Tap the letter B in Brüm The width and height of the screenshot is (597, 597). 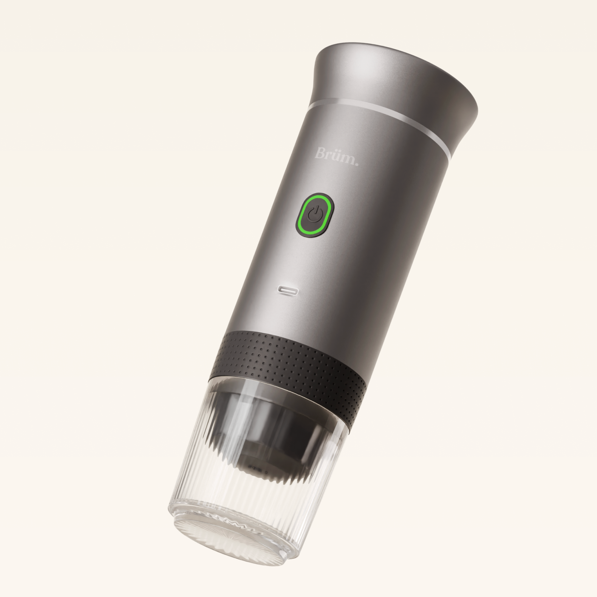[x=320, y=153]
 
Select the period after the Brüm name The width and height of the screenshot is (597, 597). [x=356, y=163]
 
